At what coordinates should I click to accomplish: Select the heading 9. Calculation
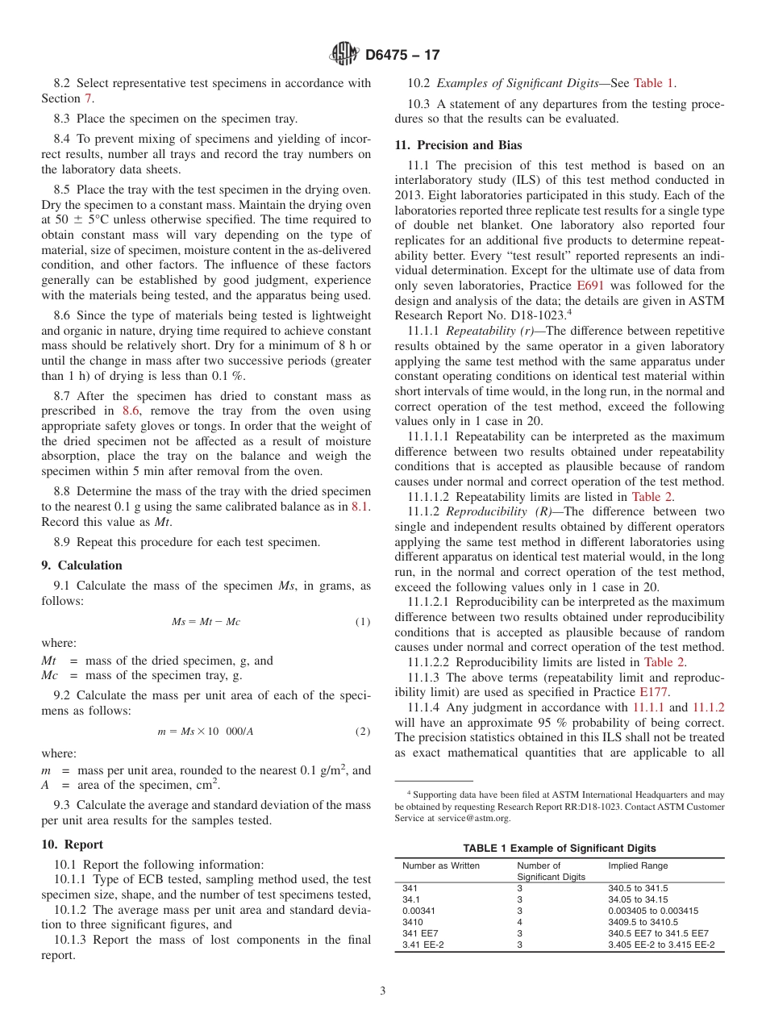pos(82,565)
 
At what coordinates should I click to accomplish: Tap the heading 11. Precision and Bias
pos(458,145)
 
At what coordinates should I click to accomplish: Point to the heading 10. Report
pos(73,845)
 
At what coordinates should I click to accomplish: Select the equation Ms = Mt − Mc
pos(206,622)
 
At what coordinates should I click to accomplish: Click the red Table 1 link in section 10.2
pos(655,82)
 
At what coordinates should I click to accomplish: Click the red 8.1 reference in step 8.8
pos(360,506)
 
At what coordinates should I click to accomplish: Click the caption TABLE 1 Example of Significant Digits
pos(559,848)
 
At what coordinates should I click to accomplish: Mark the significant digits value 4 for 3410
pos(520,921)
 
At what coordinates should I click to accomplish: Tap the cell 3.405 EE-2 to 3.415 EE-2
pos(661,944)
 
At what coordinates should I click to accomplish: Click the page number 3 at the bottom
pos(383,991)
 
